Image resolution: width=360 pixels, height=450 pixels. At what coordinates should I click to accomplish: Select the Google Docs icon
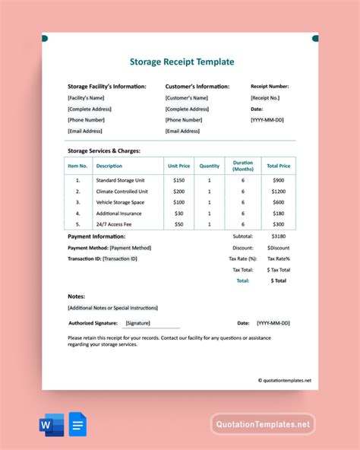coord(78,423)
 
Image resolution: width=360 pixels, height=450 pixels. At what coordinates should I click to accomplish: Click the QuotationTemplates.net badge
coord(262,423)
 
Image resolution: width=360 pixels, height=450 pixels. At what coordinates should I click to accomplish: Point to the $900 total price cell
coord(278,180)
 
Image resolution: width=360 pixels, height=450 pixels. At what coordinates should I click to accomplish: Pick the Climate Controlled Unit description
coord(122,192)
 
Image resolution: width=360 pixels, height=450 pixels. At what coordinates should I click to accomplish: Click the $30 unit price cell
coord(178,214)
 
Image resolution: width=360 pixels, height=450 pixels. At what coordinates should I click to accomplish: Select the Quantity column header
coord(209,165)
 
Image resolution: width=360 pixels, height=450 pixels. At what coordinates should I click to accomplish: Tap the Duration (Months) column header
coord(243,165)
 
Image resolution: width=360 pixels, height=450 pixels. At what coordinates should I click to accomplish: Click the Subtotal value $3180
coord(278,236)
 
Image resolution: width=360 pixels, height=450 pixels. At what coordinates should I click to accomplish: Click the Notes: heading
coord(77,296)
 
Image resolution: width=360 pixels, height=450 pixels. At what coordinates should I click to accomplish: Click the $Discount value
coord(278,248)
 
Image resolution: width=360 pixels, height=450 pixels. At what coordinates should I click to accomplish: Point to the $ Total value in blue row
coord(278,280)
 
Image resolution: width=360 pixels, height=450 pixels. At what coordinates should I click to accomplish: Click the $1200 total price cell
coord(278,192)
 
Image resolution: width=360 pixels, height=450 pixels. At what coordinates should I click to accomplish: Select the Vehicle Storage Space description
coord(119,202)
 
